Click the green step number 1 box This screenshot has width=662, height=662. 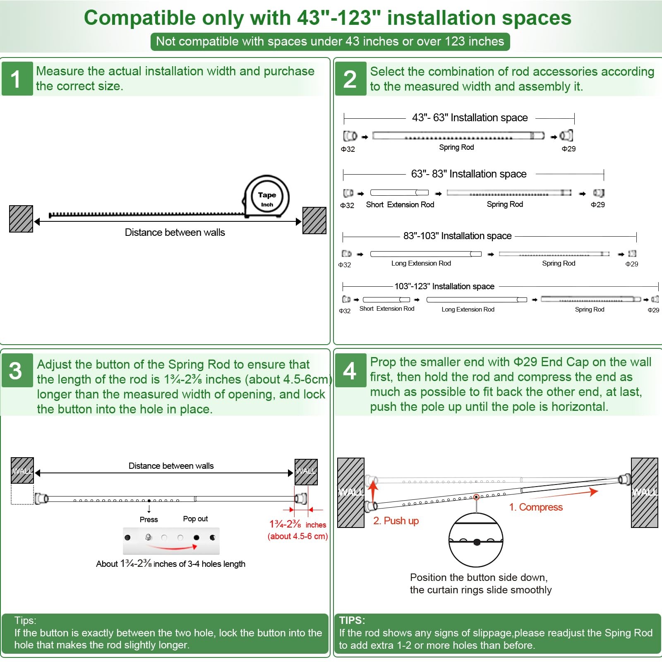(17, 79)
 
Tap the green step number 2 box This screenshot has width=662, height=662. (350, 79)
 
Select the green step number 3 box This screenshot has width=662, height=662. (17, 370)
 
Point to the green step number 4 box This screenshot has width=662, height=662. (350, 370)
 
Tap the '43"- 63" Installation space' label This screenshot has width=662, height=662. (470, 118)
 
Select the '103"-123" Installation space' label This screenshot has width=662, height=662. (444, 286)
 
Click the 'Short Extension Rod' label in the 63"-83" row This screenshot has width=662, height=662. (400, 205)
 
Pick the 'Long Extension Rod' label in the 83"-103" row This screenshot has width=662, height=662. (421, 264)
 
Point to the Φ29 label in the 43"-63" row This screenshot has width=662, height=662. (568, 149)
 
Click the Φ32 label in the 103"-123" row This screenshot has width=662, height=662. (345, 311)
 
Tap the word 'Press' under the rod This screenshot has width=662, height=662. (149, 520)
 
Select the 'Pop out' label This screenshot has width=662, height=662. (195, 519)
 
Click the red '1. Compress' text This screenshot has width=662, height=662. (536, 507)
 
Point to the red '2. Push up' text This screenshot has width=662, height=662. (396, 521)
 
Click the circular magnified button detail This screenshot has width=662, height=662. (476, 540)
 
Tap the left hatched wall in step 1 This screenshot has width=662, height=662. (21, 219)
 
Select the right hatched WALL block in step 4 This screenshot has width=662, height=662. (644, 492)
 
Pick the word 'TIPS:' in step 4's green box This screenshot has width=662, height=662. (352, 620)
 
